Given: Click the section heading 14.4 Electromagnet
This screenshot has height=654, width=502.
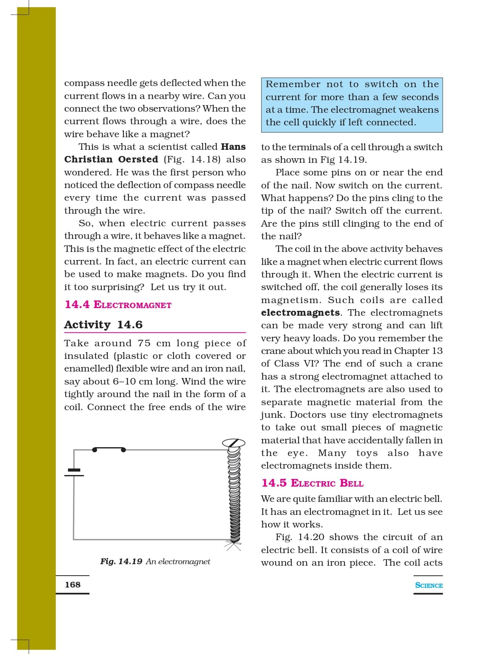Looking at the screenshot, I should (x=118, y=305).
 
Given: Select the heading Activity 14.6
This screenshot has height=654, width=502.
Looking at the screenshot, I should (x=103, y=325).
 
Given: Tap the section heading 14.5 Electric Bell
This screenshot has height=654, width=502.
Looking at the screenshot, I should (x=312, y=483).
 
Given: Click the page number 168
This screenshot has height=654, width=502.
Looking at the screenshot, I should (x=73, y=584).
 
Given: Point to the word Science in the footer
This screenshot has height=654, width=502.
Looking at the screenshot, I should (x=429, y=585).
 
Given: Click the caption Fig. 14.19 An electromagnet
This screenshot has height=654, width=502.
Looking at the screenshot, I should (x=155, y=561).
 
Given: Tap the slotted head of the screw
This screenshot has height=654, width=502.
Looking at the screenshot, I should (x=234, y=443).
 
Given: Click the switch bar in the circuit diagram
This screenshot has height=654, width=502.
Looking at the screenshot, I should (x=109, y=448).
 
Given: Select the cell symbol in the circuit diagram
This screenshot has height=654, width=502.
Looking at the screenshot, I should (x=74, y=472).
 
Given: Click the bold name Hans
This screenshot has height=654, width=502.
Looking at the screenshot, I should (x=233, y=147).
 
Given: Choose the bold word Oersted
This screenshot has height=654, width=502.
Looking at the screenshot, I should (x=138, y=159).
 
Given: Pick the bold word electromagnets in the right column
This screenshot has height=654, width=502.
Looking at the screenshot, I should (x=301, y=313).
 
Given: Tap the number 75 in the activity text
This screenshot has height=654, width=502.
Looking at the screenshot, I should (x=144, y=343).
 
